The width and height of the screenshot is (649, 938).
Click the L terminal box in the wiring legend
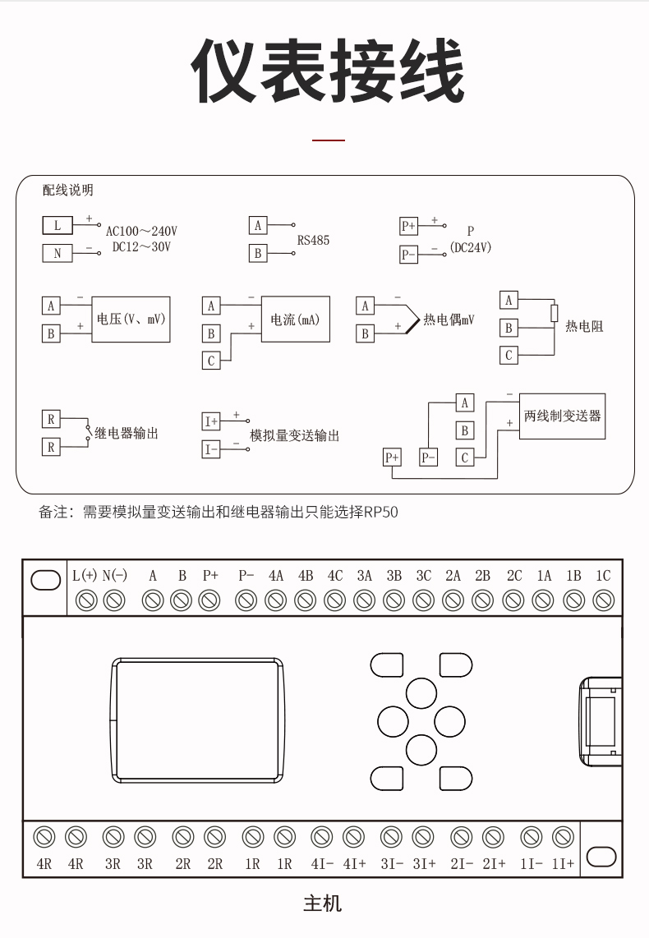(x=58, y=226)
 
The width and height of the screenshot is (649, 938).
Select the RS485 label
(x=314, y=241)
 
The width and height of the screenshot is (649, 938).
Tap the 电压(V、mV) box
(x=131, y=320)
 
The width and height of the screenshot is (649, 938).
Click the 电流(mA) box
(x=296, y=320)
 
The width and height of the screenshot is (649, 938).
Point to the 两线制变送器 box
(x=562, y=416)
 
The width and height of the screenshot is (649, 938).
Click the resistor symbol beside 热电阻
(x=555, y=314)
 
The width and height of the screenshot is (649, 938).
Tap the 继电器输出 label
(x=127, y=433)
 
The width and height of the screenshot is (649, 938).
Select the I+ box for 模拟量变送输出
(x=211, y=421)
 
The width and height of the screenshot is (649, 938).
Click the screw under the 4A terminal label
(x=276, y=600)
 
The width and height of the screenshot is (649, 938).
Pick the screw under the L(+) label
(x=87, y=600)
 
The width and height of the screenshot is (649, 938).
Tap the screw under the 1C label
(x=604, y=600)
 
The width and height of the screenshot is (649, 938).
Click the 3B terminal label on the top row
(x=394, y=576)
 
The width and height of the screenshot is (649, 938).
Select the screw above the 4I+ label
(x=353, y=837)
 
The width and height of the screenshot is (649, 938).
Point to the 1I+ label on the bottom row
(x=563, y=864)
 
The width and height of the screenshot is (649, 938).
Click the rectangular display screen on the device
(x=197, y=720)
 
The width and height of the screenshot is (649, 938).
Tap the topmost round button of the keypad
(x=421, y=692)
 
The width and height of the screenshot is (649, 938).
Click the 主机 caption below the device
(x=322, y=904)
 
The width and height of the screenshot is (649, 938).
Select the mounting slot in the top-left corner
(x=45, y=580)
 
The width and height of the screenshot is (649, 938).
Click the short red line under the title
(x=329, y=140)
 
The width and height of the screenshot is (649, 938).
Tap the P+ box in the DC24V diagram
(x=408, y=226)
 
